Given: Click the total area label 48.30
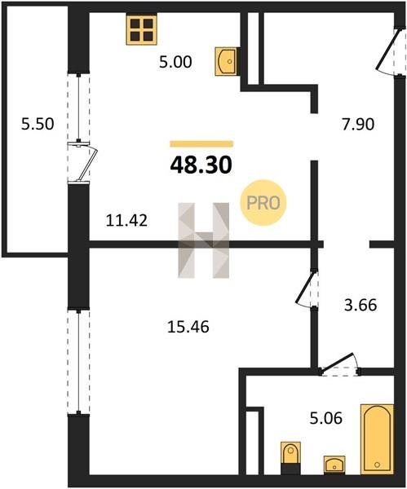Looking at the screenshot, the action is coord(201,165).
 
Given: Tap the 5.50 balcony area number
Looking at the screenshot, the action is coord(38,124).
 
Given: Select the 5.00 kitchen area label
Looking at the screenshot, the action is coord(175,62).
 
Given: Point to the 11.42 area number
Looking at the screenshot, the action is coord(126,221).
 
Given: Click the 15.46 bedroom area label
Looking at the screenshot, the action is coord(188,327).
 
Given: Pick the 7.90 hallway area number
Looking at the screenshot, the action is coord(358,124).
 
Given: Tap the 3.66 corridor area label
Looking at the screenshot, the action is coord(361,305).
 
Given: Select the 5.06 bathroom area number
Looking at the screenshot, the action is coord(326,418).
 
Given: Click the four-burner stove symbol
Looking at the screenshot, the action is coord(141,29).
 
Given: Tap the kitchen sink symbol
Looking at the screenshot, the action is coord(227,61).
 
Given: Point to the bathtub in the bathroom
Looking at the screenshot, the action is coord(377,439).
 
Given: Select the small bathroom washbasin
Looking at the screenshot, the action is coord(334,465).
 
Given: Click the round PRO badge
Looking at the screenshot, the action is coord(263,203).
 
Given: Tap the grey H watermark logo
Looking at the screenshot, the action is coord(204,240).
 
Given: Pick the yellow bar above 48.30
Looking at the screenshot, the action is coord(201,143).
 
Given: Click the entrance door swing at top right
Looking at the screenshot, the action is coord(387,50).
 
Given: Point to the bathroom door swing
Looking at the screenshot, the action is coord(340,364).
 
